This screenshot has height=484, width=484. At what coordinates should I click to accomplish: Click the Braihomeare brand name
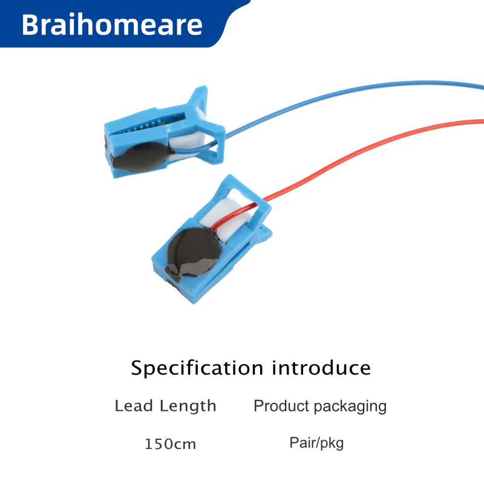click(x=112, y=24)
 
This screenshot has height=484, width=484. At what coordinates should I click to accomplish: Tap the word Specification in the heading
click(x=197, y=368)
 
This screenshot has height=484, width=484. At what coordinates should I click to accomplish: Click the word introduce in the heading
click(x=321, y=368)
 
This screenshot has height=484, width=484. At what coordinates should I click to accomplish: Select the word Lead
click(x=134, y=405)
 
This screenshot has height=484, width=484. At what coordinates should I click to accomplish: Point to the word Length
click(x=188, y=407)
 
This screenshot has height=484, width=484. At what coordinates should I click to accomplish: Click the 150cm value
click(x=170, y=444)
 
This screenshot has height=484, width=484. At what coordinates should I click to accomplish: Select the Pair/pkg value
click(x=316, y=443)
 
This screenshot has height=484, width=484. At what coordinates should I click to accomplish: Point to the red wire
click(x=355, y=148)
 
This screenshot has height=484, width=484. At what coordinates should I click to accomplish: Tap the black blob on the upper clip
click(x=143, y=157)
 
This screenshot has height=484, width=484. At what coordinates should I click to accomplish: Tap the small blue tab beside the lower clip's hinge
click(x=265, y=233)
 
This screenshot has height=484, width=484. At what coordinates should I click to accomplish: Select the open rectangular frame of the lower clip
click(x=244, y=198)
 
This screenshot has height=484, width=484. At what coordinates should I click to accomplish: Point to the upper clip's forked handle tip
click(x=201, y=93)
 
